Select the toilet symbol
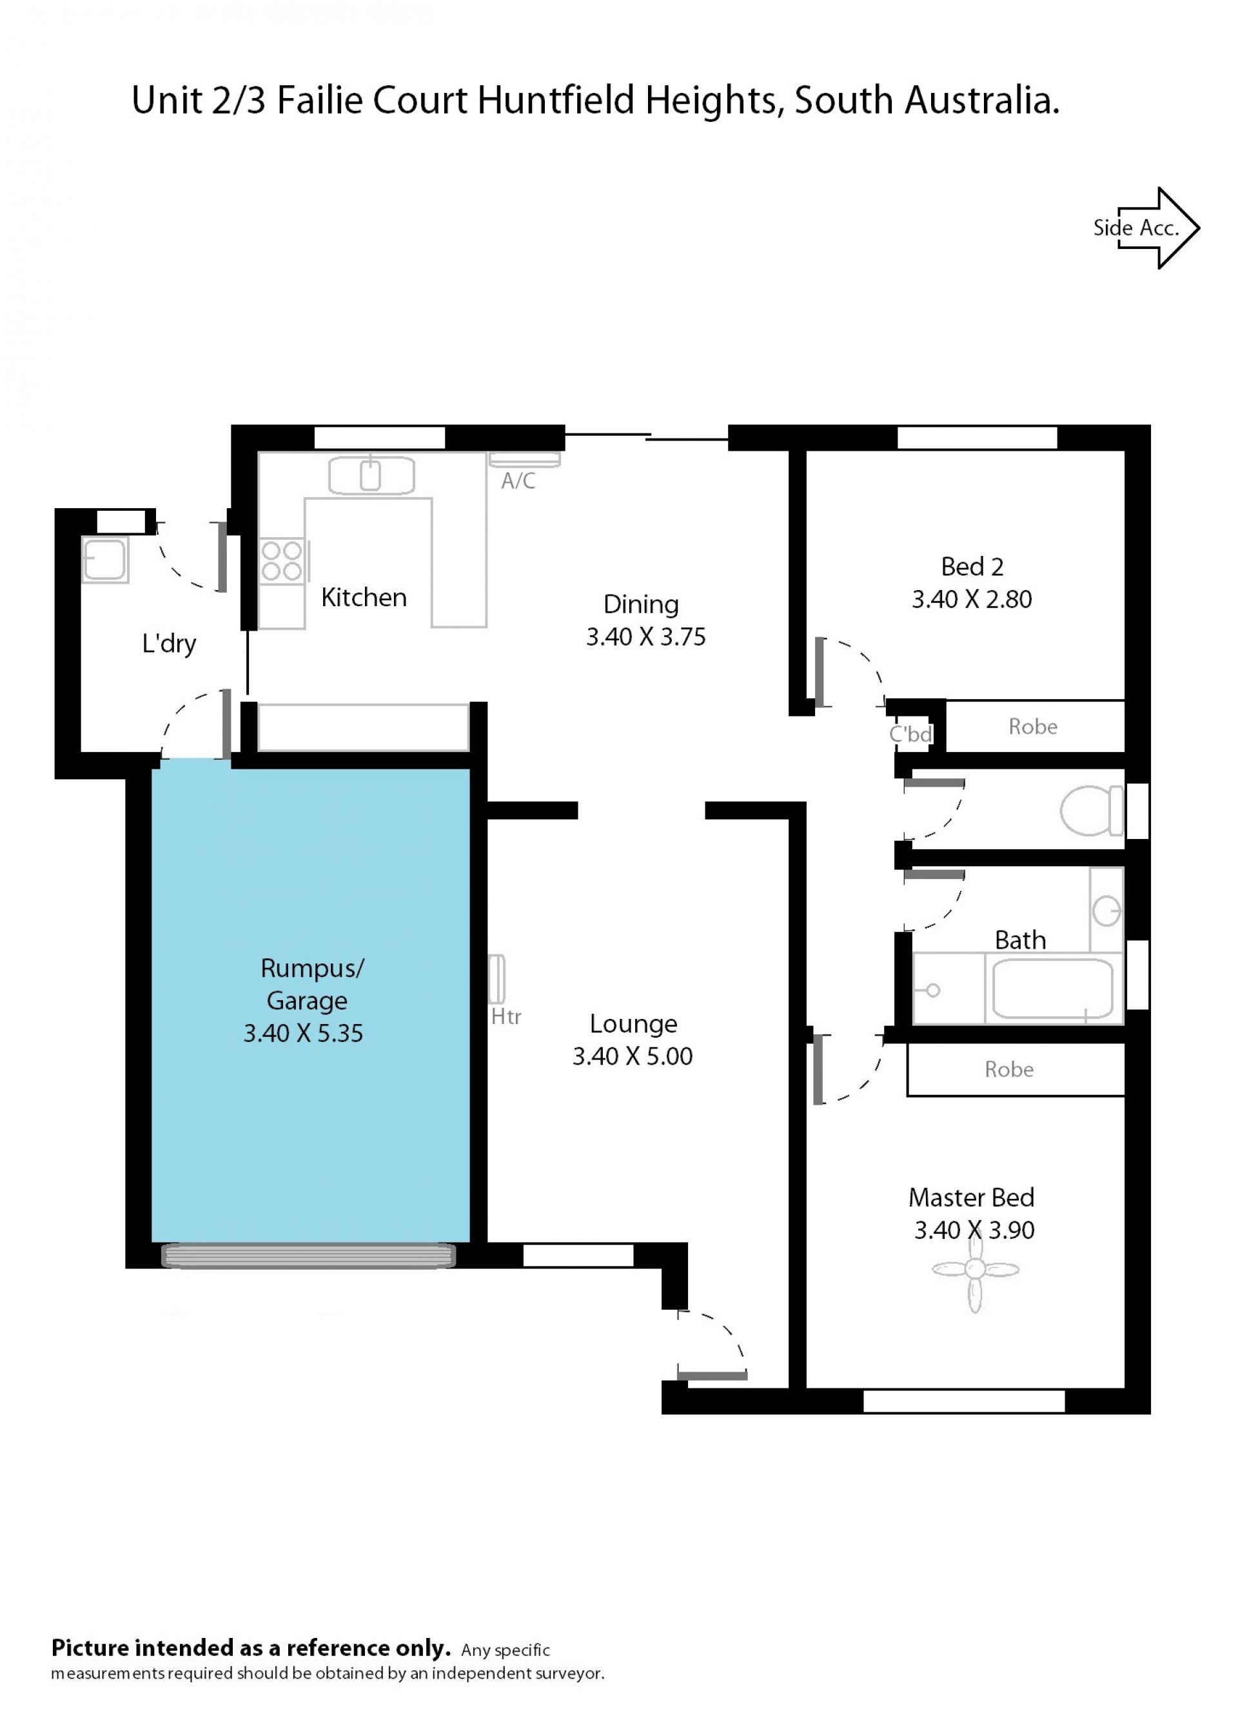click(x=1091, y=811)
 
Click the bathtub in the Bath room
click(x=1053, y=989)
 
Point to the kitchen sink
click(x=371, y=476)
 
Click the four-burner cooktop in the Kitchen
click(x=282, y=561)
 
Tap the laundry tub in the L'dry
click(x=104, y=560)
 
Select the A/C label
click(x=518, y=481)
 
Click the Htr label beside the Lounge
click(x=506, y=1016)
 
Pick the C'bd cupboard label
click(x=911, y=735)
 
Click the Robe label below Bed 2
click(x=1033, y=727)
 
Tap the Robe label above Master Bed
click(x=1009, y=1070)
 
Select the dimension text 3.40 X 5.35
click(x=304, y=1034)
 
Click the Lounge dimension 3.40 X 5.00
click(x=633, y=1057)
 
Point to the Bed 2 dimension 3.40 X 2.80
click(x=972, y=599)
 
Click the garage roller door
click(x=309, y=1256)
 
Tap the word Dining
click(x=641, y=605)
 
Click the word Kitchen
click(x=364, y=597)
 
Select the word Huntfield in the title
click(x=556, y=100)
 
